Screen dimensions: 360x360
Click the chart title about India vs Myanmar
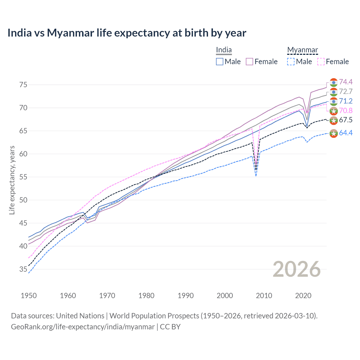(x=127, y=33)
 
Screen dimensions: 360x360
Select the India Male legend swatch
(x=220, y=62)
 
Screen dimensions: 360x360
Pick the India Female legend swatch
(x=249, y=62)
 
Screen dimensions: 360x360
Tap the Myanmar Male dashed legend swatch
(x=291, y=62)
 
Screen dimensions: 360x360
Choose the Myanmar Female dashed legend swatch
(x=321, y=62)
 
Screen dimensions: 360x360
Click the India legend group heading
(x=224, y=50)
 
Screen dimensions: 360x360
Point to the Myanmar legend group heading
(x=303, y=50)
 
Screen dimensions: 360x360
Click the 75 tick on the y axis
(x=23, y=85)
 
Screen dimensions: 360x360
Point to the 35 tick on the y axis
(x=23, y=269)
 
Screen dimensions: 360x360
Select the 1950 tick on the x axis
(x=29, y=296)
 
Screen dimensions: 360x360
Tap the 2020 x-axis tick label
(x=303, y=296)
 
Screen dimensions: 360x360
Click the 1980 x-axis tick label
(x=146, y=296)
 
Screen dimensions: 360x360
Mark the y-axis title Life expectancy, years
(x=12, y=180)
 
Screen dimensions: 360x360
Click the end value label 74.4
(x=346, y=82)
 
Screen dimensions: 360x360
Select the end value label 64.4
(x=346, y=133)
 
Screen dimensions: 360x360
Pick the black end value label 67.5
(x=346, y=120)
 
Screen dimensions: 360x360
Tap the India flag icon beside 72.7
(x=334, y=92)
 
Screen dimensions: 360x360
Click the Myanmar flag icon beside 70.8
(x=334, y=111)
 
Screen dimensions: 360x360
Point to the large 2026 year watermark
(x=297, y=269)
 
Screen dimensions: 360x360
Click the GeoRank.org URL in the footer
(x=83, y=327)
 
